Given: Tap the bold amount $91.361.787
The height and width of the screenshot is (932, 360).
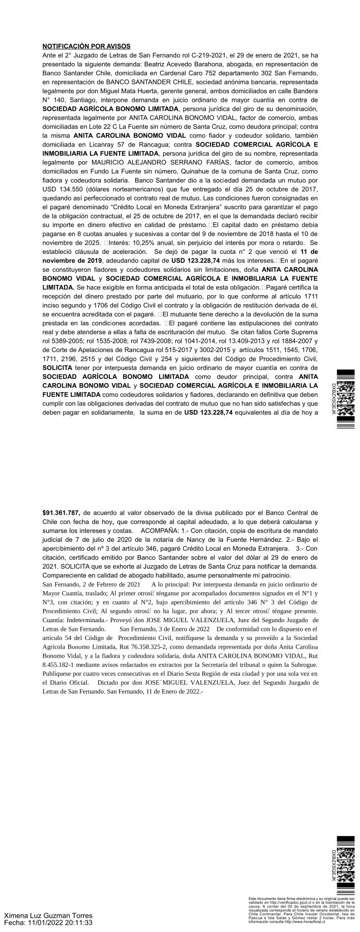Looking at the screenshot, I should [61, 512].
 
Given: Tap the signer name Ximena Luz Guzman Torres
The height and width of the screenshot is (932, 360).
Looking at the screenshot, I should [48, 915].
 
